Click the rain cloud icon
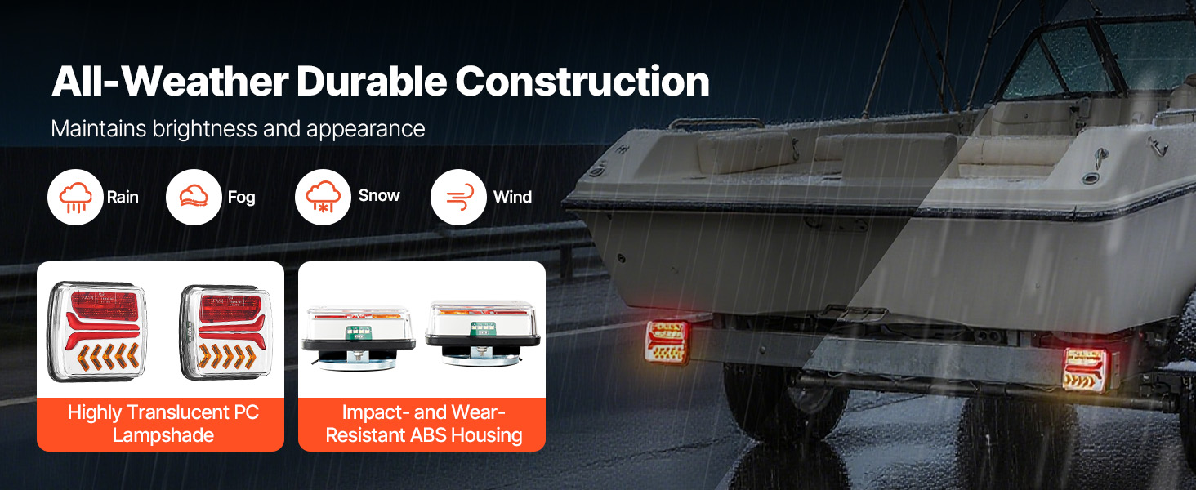pyautogui.click(x=75, y=197)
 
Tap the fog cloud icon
pyautogui.click(x=194, y=197)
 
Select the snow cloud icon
pyautogui.click(x=323, y=197)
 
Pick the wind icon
pyautogui.click(x=458, y=197)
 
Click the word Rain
pyautogui.click(x=123, y=197)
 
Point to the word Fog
pyautogui.click(x=241, y=198)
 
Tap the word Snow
pyautogui.click(x=379, y=195)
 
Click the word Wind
pyautogui.click(x=512, y=197)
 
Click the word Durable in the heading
pyautogui.click(x=372, y=81)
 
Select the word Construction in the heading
pyautogui.click(x=582, y=81)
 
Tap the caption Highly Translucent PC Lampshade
pyautogui.click(x=163, y=424)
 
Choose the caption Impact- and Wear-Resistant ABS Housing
pyautogui.click(x=423, y=424)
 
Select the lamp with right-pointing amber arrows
pyautogui.click(x=225, y=332)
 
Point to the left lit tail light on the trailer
pyautogui.click(x=667, y=342)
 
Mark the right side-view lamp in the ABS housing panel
pyautogui.click(x=483, y=333)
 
